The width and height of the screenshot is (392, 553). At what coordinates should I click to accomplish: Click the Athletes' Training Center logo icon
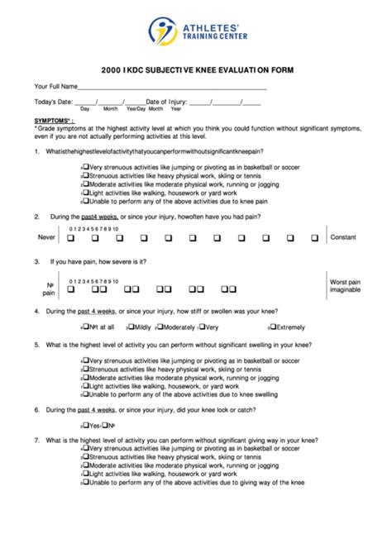[163, 31]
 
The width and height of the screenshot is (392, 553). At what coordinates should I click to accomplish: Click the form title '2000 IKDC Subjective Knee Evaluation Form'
[196, 70]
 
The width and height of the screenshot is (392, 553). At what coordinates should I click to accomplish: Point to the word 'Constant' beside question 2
[343, 237]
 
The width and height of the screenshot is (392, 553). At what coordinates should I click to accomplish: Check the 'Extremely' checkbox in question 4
[273, 327]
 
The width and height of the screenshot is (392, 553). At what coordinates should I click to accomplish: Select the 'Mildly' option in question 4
[130, 327]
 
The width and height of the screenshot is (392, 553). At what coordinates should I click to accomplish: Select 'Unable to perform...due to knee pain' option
[85, 201]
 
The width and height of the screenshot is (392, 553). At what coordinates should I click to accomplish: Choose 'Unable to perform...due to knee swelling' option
[85, 394]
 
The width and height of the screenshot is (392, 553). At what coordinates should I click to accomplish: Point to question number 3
[37, 261]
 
